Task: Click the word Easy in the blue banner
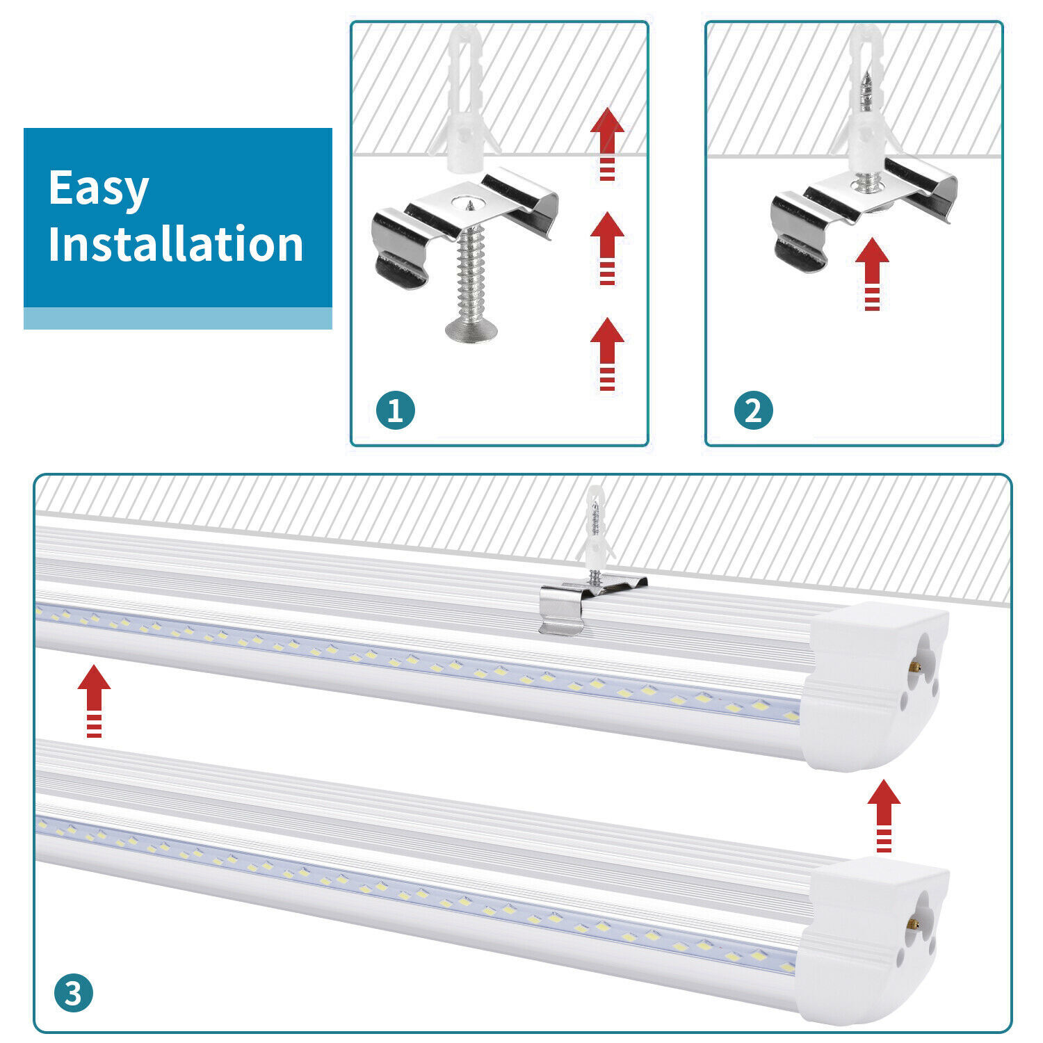[x=98, y=189]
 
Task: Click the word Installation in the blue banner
[x=175, y=244]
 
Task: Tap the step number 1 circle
[x=395, y=410]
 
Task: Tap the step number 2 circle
[x=753, y=410]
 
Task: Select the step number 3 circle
[x=73, y=994]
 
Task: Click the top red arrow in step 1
[x=607, y=143]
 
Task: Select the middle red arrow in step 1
[x=607, y=247]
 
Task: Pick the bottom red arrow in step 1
[x=607, y=353]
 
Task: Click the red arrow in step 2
[x=872, y=273]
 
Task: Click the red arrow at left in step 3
[x=94, y=700]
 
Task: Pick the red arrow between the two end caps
[x=884, y=814]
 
